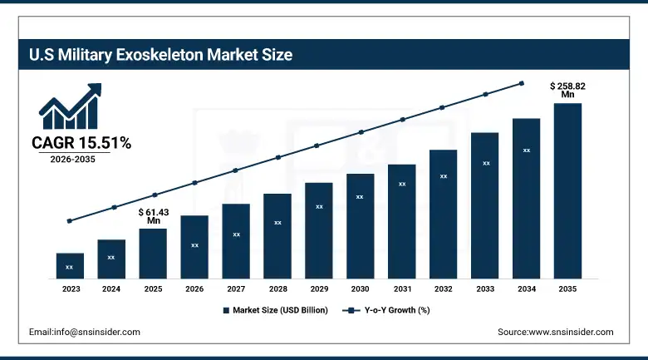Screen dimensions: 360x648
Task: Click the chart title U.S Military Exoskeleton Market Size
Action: (x=161, y=56)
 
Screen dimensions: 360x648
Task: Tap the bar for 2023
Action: (x=70, y=265)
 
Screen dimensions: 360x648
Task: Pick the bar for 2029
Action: (x=318, y=229)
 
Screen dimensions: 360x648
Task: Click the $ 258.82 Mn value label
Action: (x=567, y=90)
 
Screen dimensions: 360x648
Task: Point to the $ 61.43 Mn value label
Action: (x=153, y=216)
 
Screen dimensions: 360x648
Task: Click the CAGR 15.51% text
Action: (x=81, y=143)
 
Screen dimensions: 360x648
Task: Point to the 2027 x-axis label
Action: (x=236, y=288)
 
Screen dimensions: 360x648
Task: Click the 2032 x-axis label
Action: (x=443, y=288)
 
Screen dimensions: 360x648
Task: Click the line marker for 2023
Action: (x=70, y=221)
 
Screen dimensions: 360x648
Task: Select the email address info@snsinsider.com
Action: (x=85, y=332)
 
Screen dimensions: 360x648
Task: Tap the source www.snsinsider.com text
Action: (x=555, y=332)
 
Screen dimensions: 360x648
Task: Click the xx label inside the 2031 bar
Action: (x=402, y=184)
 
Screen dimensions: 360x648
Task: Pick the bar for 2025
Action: (x=153, y=253)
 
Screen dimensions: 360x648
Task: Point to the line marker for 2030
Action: (x=361, y=132)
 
